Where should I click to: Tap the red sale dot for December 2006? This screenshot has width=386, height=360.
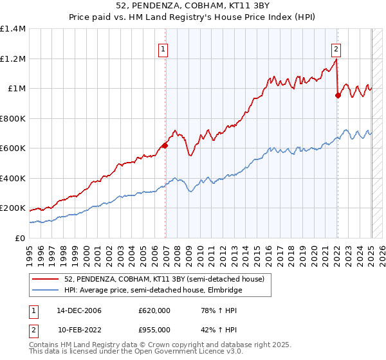tap(165, 145)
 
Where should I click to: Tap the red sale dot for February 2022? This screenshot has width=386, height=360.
tap(338, 95)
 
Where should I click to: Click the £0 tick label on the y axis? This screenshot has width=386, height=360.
tap(21, 238)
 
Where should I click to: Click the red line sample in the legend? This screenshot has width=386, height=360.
tap(46, 278)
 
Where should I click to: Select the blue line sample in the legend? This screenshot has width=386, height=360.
tap(46, 289)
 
